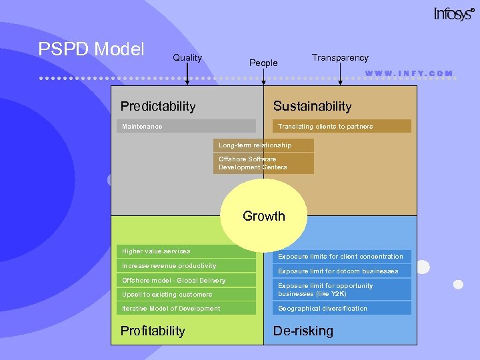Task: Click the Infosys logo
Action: pyautogui.click(x=453, y=14)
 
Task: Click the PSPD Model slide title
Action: pyautogui.click(x=91, y=49)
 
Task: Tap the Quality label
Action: pyautogui.click(x=187, y=58)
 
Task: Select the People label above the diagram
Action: pyautogui.click(x=263, y=63)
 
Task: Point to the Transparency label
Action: pyautogui.click(x=340, y=58)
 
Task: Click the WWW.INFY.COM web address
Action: pyautogui.click(x=409, y=73)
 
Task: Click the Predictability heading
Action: pyautogui.click(x=158, y=107)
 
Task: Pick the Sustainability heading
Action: pyautogui.click(x=312, y=107)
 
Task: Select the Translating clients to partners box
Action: pyautogui.click(x=342, y=126)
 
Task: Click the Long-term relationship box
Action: pyautogui.click(x=263, y=145)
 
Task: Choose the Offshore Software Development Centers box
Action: pyautogui.click(x=263, y=163)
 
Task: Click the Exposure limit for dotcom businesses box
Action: pyautogui.click(x=342, y=271)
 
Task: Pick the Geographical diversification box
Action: pyautogui.click(x=342, y=309)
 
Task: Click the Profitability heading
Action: pyautogui.click(x=153, y=331)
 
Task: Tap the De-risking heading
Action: pyautogui.click(x=303, y=331)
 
